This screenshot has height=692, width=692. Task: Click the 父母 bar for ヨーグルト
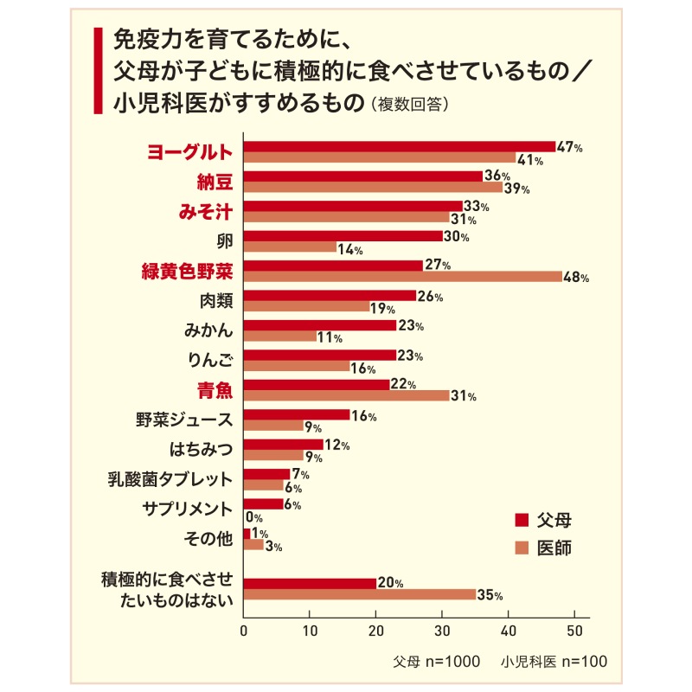[400, 146]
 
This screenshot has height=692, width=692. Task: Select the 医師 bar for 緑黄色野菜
[402, 277]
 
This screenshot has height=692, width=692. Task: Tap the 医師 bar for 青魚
[346, 395]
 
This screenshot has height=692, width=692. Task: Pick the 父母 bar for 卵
[343, 235]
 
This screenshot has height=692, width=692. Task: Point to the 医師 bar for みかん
[280, 336]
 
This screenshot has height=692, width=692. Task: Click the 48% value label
[575, 278]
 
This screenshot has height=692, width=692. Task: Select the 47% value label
[569, 147]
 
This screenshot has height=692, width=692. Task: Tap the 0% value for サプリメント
[255, 517]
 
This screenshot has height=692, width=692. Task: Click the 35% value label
[490, 594]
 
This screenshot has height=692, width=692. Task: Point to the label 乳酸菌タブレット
[183, 478]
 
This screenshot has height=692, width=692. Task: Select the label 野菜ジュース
[184, 420]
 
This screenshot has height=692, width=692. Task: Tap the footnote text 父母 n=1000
[436, 661]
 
